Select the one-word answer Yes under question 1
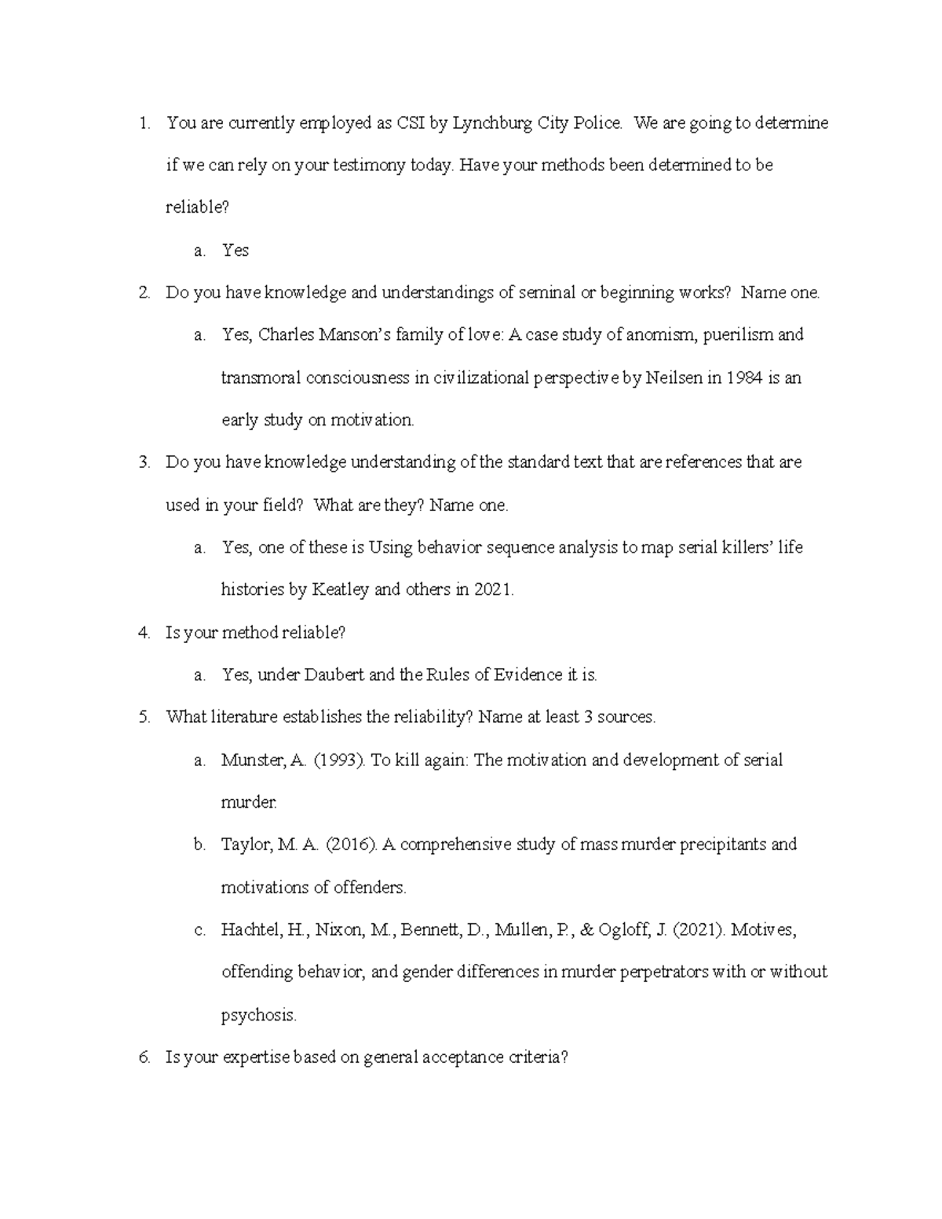[x=235, y=250]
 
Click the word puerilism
[x=738, y=335]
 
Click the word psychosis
[x=258, y=1016]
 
